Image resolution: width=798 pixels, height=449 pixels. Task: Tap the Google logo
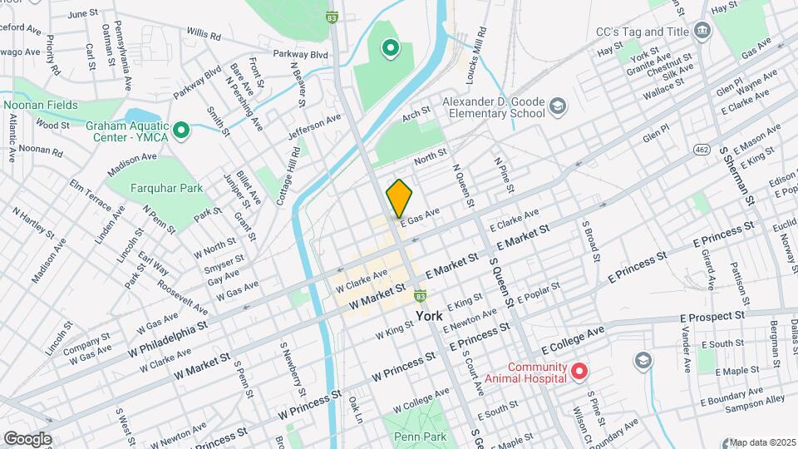(27, 439)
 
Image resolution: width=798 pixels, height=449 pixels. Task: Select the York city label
(429, 316)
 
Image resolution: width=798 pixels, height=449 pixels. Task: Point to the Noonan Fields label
(40, 105)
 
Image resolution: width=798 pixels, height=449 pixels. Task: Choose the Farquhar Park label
(167, 188)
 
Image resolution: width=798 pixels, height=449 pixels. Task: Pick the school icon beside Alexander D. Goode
(557, 106)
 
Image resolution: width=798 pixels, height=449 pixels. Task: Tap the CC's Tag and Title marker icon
(703, 32)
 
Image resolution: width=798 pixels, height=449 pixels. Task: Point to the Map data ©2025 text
(761, 442)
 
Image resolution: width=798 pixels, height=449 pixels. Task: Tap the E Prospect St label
(712, 317)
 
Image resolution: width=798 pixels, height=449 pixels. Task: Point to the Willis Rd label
(204, 36)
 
